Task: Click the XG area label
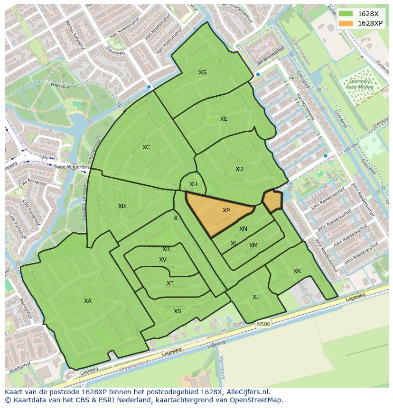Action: pyautogui.click(x=203, y=73)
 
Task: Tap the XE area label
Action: pyautogui.click(x=224, y=119)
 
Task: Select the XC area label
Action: pyautogui.click(x=146, y=147)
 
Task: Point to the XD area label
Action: pyautogui.click(x=239, y=169)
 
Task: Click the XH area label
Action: pyautogui.click(x=193, y=184)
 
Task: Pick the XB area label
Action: pyautogui.click(x=122, y=206)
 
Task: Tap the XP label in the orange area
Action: pyautogui.click(x=226, y=210)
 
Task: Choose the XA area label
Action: pyautogui.click(x=88, y=301)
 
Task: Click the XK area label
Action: pyautogui.click(x=297, y=271)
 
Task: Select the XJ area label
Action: pyautogui.click(x=256, y=297)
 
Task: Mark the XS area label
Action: pyautogui.click(x=178, y=311)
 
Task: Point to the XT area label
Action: pyautogui.click(x=170, y=283)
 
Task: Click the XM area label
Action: pyautogui.click(x=253, y=245)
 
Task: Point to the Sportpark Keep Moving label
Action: pyautogui.click(x=359, y=84)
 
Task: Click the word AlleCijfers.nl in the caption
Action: pyautogui.click(x=248, y=392)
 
